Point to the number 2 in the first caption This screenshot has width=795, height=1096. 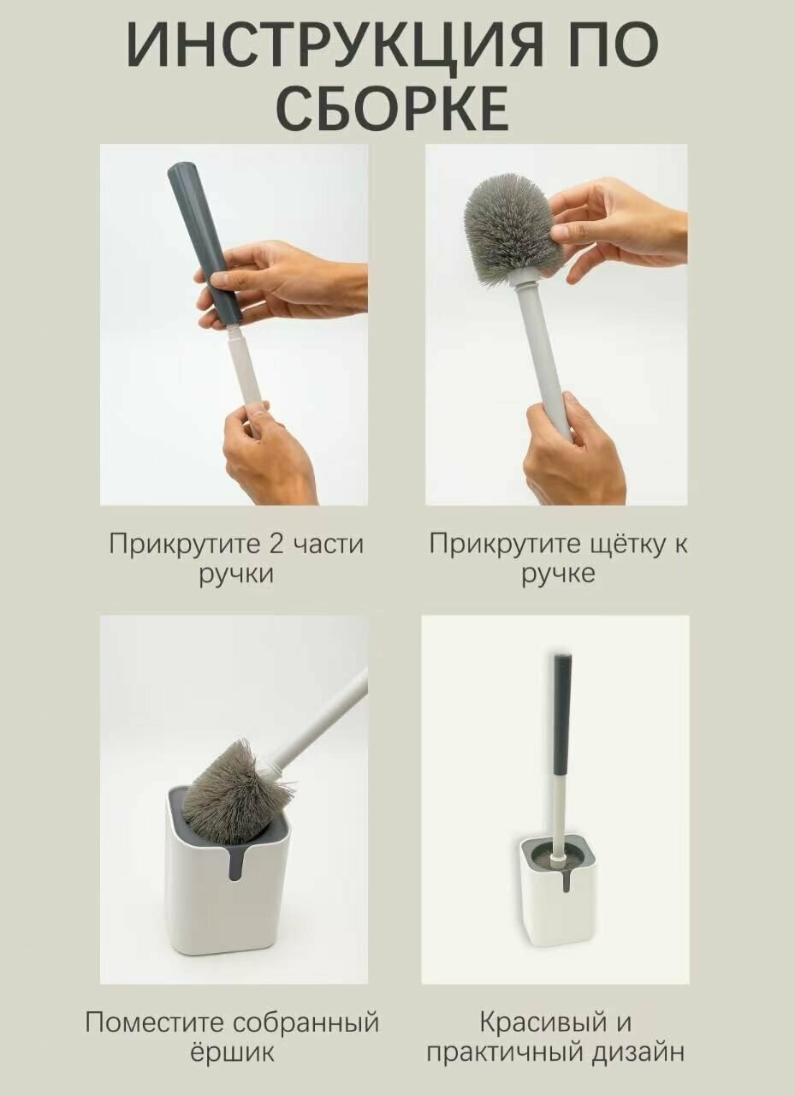click(276, 544)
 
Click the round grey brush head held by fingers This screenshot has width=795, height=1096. click(513, 229)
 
